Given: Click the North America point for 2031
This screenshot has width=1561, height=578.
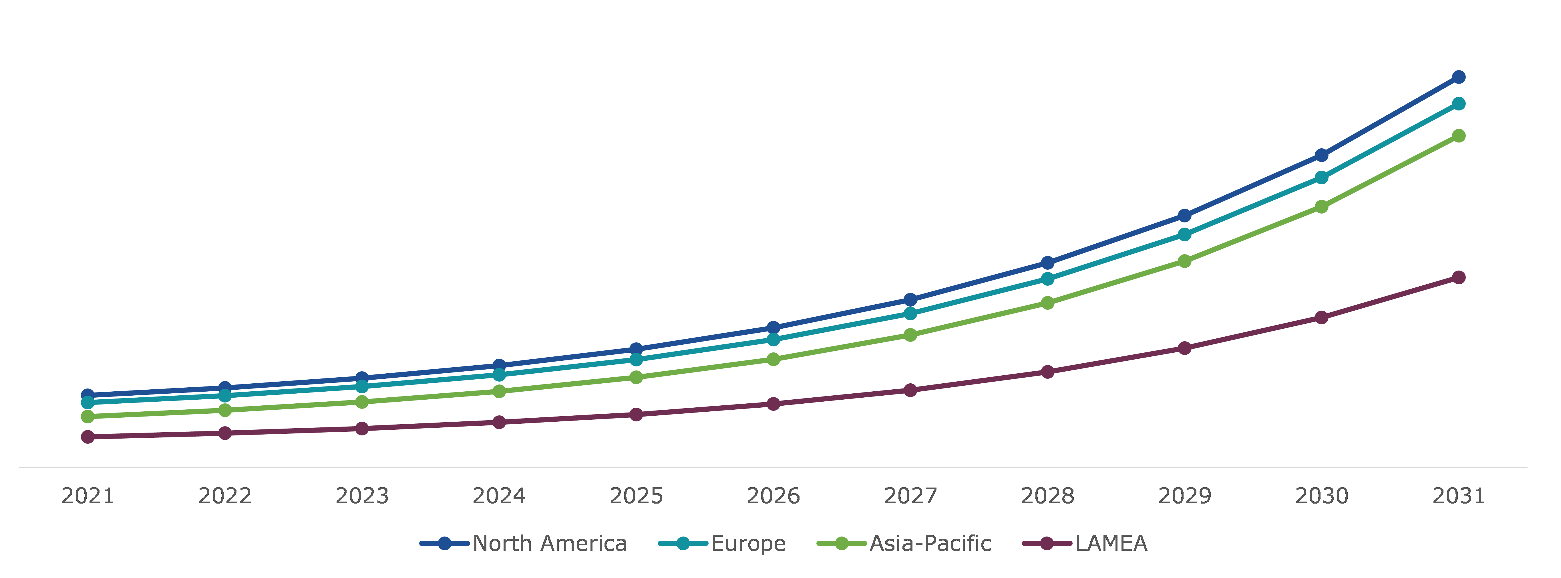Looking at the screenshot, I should pyautogui.click(x=1459, y=77).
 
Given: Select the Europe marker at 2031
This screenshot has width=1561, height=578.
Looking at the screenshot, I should pyautogui.click(x=1459, y=104).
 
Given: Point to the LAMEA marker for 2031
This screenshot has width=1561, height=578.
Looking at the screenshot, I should pyautogui.click(x=1459, y=277).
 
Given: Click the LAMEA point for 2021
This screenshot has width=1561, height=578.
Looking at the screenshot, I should pyautogui.click(x=88, y=437).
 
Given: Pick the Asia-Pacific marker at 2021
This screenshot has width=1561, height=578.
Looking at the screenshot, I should pyautogui.click(x=88, y=417).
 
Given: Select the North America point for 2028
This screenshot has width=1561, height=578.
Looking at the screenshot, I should pyautogui.click(x=1047, y=263).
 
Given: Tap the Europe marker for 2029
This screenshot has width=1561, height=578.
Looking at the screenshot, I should pyautogui.click(x=1184, y=234).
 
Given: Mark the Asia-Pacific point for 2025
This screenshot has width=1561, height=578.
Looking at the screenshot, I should pyautogui.click(x=636, y=377).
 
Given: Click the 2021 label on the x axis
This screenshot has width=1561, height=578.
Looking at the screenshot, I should pyautogui.click(x=88, y=496).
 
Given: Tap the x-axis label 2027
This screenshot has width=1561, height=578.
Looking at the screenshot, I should pyautogui.click(x=910, y=496).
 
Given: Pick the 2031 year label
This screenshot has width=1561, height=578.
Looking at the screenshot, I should pyautogui.click(x=1459, y=496).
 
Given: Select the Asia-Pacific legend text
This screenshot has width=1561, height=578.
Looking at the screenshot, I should pyautogui.click(x=930, y=543).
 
